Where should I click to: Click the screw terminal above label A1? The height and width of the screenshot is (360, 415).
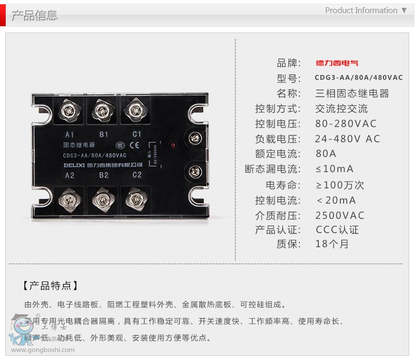coord(69,110)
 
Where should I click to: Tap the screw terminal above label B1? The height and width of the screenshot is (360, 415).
coord(102,110)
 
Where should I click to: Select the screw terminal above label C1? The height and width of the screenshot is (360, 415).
coord(136,110)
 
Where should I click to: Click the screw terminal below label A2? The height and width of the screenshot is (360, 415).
coord(69,200)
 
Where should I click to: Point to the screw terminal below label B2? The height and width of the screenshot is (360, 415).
coord(103,200)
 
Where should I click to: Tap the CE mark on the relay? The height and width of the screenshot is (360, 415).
coord(134,145)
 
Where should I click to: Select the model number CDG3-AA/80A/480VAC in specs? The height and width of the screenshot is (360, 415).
coord(358,78)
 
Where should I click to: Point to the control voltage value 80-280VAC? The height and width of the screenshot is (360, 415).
coord(346,124)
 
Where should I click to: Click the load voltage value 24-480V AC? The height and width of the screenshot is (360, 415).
coord(347,139)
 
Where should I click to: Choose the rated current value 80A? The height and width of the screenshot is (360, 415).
coord(326,154)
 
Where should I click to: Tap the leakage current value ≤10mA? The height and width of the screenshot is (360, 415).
coord(334,169)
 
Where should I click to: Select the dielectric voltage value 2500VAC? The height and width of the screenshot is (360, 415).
coord(339,215)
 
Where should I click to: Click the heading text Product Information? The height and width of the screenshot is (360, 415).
coord(361,10)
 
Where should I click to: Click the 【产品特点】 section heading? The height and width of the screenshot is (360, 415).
coord(50,286)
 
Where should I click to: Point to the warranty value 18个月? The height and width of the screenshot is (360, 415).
coord(331,244)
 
